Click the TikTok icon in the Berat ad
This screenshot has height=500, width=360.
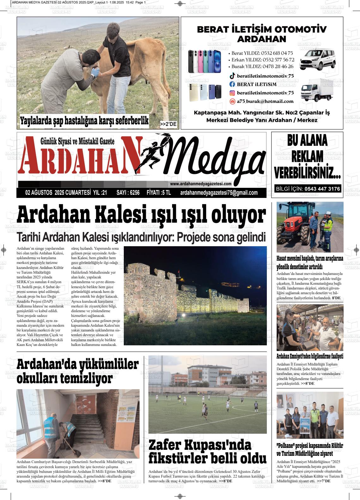pos(232,76)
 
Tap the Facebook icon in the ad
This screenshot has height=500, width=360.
pos(232,84)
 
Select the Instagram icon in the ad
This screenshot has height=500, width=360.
pos(232,93)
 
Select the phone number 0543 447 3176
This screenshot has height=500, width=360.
pos(322,189)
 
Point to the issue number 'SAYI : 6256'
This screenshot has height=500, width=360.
pos(128,193)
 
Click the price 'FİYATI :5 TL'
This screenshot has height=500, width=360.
pos(159,193)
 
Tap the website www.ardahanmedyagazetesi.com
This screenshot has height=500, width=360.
pos(201,184)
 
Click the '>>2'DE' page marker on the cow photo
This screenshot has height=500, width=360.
pos(168,124)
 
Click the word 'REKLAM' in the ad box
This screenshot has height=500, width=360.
pos(307,156)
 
